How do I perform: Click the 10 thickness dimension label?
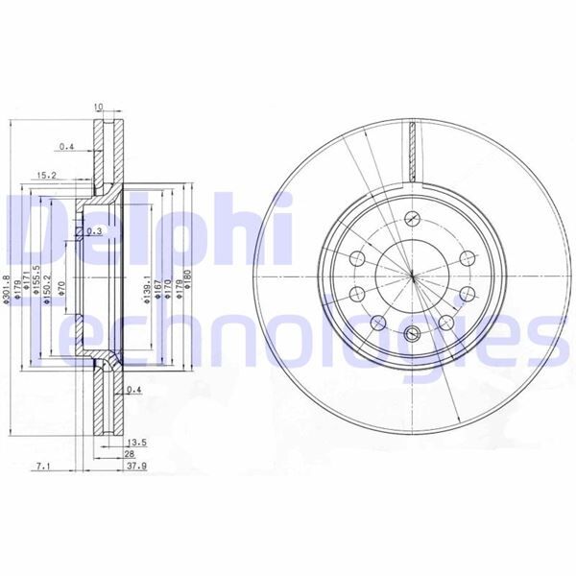[x=98, y=107]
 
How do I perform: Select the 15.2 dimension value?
[x=46, y=176]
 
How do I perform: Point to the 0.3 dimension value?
[x=94, y=232]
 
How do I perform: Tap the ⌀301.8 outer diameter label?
[x=8, y=289]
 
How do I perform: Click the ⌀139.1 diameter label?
[x=145, y=288]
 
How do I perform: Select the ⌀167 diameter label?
[x=156, y=288]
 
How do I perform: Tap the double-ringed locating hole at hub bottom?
[x=412, y=334]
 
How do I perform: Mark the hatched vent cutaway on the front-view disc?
[x=413, y=154]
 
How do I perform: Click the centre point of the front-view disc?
[x=412, y=276]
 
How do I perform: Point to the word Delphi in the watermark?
[x=144, y=228]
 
